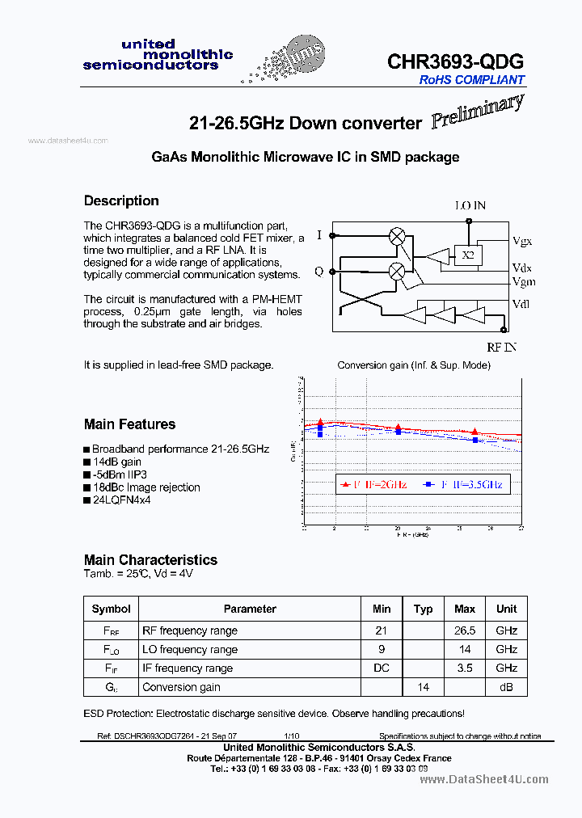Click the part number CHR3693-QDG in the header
(455, 61)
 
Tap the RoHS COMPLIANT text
(471, 80)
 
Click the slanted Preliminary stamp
(477, 112)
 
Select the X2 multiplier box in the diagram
(467, 255)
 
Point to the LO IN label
(470, 206)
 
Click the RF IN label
(501, 348)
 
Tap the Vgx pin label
(522, 241)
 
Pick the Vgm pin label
(523, 281)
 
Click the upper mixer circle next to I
(397, 236)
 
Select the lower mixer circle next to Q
(397, 272)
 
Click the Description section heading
(121, 200)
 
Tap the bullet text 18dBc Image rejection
(145, 487)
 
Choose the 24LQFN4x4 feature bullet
(121, 500)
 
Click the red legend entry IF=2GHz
(374, 485)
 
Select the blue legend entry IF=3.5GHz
(466, 485)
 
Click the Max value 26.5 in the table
(465, 630)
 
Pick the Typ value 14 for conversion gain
(423, 687)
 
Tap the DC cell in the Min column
(382, 668)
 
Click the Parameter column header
(250, 609)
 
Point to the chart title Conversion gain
(413, 365)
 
